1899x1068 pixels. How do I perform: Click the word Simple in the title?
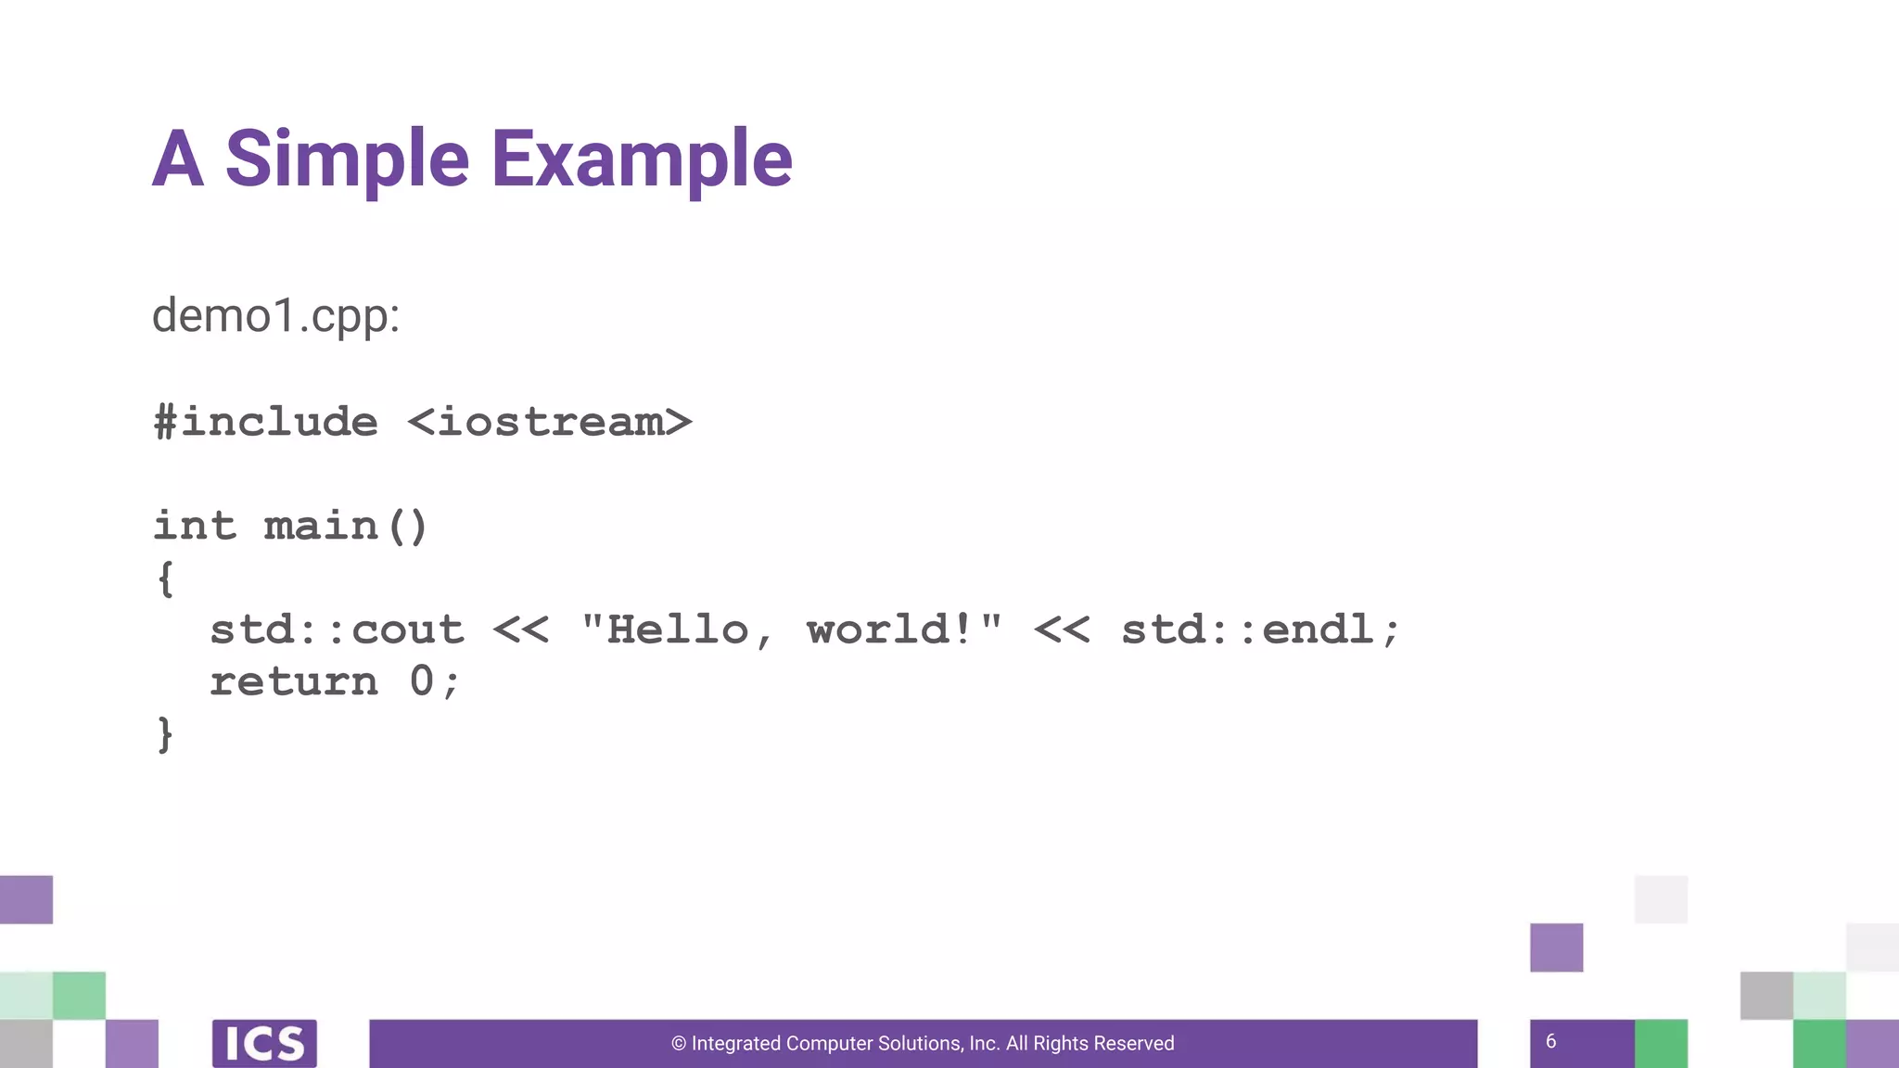[347, 159]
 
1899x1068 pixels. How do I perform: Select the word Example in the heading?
[642, 159]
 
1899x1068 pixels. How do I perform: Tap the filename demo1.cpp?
[275, 316]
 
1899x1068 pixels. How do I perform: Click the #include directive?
[266, 423]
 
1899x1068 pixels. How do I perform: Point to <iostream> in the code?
[550, 423]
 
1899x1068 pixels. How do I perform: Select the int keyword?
[195, 526]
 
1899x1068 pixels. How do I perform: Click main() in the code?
[345, 526]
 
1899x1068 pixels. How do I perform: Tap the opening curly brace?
[166, 579]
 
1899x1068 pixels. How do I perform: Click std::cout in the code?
[337, 630]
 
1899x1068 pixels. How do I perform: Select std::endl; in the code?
[1260, 630]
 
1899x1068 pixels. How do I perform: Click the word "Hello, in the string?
[678, 630]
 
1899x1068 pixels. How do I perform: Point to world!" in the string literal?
[905, 630]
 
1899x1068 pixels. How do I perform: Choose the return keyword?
[294, 682]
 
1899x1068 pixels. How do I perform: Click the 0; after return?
[434, 682]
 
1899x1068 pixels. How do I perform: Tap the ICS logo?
[264, 1044]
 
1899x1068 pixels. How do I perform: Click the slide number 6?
[1550, 1042]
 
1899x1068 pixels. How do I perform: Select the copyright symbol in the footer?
[679, 1044]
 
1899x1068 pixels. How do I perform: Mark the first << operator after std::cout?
[521, 630]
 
